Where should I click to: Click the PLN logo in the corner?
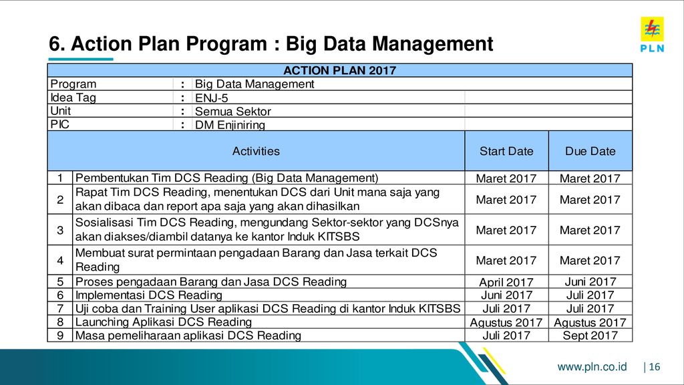652,35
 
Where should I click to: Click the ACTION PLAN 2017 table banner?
340,70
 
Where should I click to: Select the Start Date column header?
506,151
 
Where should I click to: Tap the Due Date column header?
590,151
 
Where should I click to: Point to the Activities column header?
256,151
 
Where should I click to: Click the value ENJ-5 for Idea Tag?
212,98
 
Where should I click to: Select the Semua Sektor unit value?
233,112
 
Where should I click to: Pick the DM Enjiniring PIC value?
230,125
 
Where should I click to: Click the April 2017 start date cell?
506,282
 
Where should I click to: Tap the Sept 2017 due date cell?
590,336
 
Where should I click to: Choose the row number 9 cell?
60,336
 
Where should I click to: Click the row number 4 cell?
60,260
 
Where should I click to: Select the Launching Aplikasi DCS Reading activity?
164,322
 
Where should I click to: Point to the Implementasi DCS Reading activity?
149,295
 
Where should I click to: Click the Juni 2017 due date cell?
590,282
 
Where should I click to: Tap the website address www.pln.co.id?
592,367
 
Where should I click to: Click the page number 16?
655,367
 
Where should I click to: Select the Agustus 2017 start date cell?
506,322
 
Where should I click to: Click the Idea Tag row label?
73,98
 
